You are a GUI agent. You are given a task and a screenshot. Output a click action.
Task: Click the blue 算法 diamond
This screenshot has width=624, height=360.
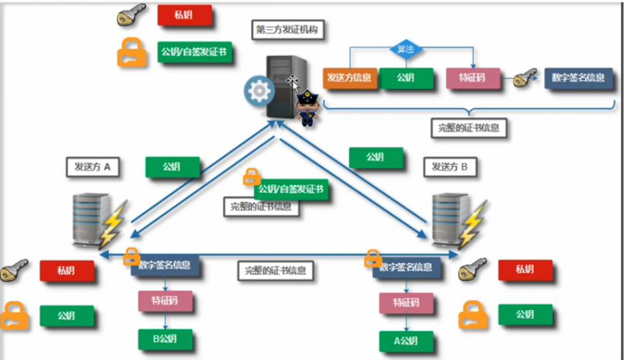[x=406, y=49]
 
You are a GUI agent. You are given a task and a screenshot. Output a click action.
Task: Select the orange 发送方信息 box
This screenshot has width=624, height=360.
[x=349, y=78]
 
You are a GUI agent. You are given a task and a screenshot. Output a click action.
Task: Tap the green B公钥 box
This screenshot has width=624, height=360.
[x=164, y=337]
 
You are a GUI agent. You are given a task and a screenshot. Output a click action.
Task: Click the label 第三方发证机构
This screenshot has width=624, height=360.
[x=288, y=30]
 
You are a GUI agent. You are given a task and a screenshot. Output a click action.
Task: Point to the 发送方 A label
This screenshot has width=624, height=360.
[x=93, y=166]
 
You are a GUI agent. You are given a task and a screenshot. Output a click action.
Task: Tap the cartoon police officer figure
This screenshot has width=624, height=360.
[x=309, y=107]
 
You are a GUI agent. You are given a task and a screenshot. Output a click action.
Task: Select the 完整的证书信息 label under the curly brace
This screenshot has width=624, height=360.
[x=471, y=127]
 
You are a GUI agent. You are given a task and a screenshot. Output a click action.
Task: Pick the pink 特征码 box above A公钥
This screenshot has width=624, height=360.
[x=407, y=302]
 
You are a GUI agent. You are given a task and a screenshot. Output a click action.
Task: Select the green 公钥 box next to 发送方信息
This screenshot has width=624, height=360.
[x=407, y=78]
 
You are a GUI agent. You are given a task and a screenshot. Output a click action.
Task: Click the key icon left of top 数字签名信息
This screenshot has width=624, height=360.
[x=525, y=79]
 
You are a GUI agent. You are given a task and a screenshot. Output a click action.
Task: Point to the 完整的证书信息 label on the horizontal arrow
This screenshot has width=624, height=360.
[x=275, y=270]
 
